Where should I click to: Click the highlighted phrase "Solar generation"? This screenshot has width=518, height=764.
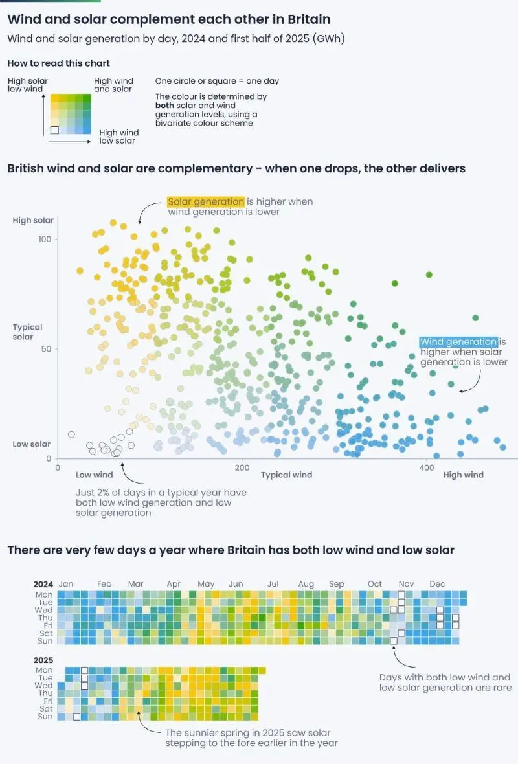206,202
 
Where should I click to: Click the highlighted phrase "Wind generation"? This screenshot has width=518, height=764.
458,342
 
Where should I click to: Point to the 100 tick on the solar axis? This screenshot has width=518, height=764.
45,240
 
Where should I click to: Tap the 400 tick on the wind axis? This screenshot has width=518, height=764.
427,467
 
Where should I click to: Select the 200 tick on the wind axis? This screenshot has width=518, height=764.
242,467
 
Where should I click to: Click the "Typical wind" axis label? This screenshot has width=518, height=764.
287,475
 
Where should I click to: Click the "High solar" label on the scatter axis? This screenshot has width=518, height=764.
33,220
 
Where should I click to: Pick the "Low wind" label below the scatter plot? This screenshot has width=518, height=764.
94,475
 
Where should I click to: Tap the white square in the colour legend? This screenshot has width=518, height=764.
54,130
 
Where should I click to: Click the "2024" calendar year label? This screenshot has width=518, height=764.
43,584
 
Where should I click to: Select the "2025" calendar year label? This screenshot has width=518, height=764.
43,660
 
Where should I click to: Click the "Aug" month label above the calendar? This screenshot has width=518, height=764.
306,584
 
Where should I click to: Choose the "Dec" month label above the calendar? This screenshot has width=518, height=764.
437,584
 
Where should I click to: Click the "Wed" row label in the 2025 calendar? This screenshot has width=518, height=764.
43,686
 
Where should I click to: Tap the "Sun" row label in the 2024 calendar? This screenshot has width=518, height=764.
45,641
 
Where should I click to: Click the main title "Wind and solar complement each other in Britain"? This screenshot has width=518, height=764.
169,19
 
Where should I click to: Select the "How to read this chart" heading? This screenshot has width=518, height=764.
58,63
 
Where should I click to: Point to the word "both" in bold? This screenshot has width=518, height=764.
164,106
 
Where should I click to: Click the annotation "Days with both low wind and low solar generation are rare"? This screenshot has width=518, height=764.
445,682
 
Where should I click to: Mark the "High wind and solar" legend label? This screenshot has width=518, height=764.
113,85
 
